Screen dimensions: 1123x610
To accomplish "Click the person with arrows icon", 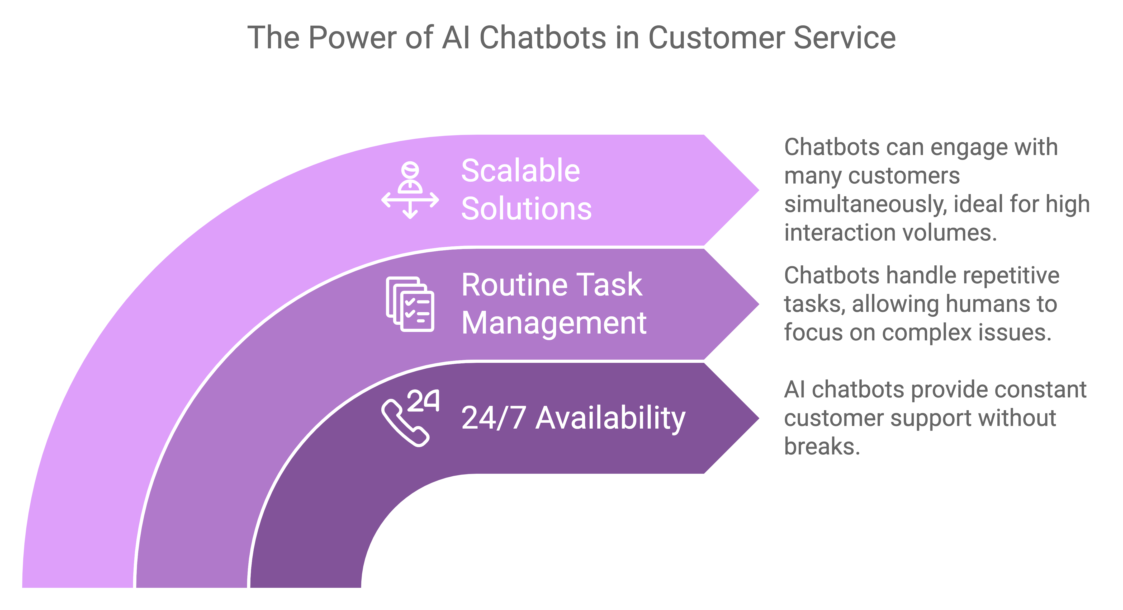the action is pyautogui.click(x=410, y=190).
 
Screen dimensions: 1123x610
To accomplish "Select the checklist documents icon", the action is pyautogui.click(x=410, y=304).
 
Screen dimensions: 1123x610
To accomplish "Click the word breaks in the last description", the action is pyautogui.click(x=822, y=446).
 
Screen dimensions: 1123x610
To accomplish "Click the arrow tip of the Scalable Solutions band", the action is pyautogui.click(x=759, y=190).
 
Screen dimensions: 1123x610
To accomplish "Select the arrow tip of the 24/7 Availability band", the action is pyautogui.click(x=759, y=418).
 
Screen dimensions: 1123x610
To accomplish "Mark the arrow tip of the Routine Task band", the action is pyautogui.click(x=759, y=304).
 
